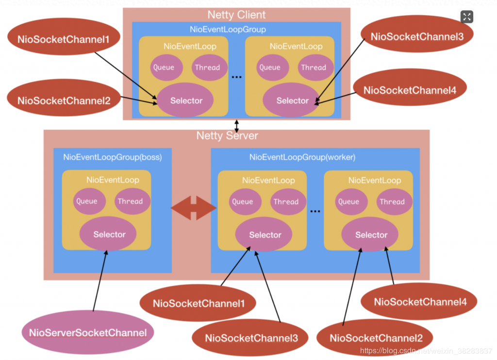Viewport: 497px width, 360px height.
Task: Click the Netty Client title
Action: pos(236,15)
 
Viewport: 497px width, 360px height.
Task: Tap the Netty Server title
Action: pos(227,136)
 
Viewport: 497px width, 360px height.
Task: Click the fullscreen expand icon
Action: pos(466,17)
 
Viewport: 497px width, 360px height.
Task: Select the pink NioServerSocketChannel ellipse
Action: pos(88,332)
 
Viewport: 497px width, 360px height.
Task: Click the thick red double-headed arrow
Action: pos(194,208)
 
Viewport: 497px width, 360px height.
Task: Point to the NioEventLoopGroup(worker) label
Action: pos(302,157)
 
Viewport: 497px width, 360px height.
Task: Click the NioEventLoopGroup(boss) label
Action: pos(113,157)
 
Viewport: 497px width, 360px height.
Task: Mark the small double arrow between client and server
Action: pos(236,126)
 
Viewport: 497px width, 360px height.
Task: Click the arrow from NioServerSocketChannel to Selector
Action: pos(100,281)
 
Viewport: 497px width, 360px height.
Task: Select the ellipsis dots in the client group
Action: pos(236,77)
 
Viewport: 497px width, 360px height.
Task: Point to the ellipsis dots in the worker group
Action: pos(315,211)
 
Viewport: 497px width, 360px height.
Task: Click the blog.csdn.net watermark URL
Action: pos(426,351)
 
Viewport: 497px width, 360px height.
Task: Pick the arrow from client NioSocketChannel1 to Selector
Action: pos(126,75)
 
